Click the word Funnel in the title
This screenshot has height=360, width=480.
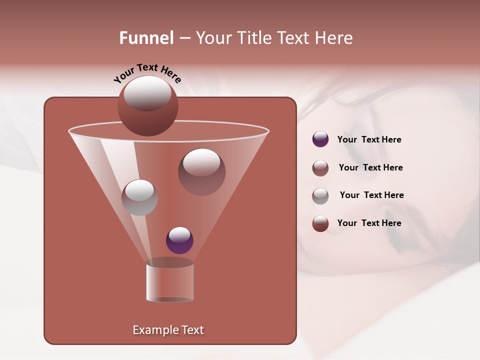pos(146,38)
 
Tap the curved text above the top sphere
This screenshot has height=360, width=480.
pos(147,73)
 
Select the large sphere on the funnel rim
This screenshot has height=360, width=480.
pos(147,105)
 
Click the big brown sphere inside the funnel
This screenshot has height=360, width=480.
pos(201,171)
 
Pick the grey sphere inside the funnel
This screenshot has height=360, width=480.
pos(139,197)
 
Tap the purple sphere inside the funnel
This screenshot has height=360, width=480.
pos(179,240)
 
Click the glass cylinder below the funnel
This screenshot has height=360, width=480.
pos(169,282)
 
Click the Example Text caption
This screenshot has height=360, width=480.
pos(168,330)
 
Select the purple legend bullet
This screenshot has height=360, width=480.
pos(320,139)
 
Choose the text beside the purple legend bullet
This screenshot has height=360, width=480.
pos(369,140)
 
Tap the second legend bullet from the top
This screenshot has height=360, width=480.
pos(320,168)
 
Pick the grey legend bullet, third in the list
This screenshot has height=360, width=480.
pos(320,196)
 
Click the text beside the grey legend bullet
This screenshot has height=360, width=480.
pos(371,195)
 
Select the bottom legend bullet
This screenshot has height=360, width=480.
pos(320,224)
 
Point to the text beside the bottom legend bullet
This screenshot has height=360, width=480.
pos(369,223)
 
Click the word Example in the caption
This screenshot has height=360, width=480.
pos(152,330)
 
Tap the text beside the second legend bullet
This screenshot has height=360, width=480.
pos(370,168)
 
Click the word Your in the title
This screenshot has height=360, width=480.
pos(214,38)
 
